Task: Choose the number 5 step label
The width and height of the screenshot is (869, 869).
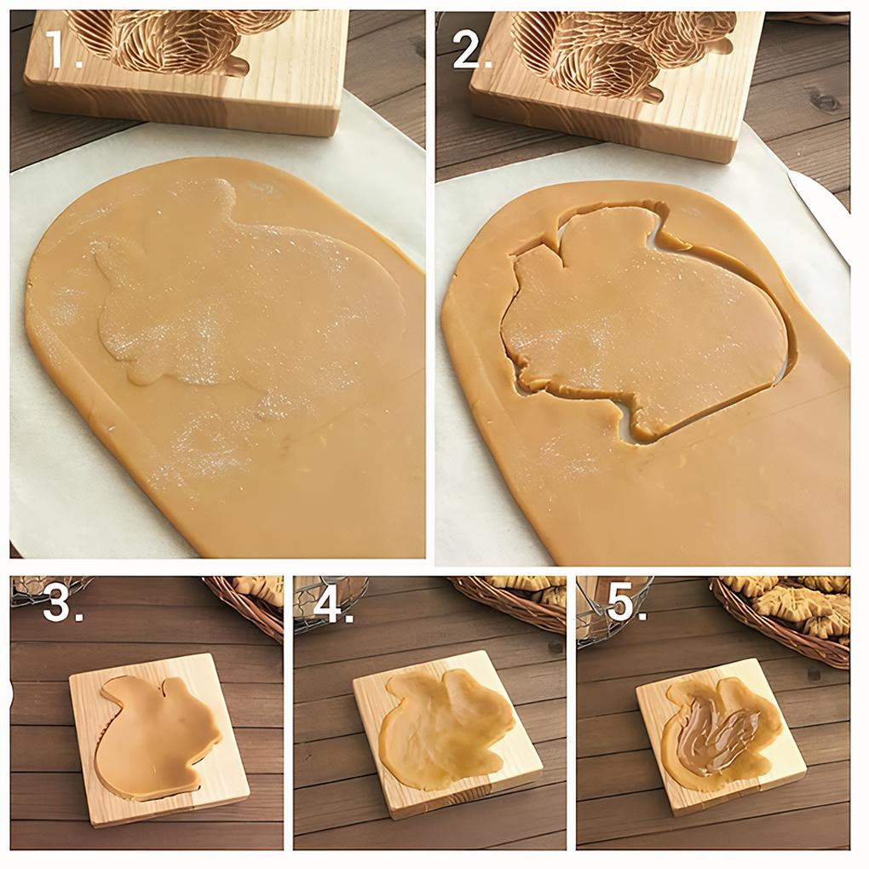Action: coord(621,603)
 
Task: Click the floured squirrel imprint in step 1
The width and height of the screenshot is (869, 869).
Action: coord(239,298)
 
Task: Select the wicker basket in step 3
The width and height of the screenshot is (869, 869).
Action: coord(251,601)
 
